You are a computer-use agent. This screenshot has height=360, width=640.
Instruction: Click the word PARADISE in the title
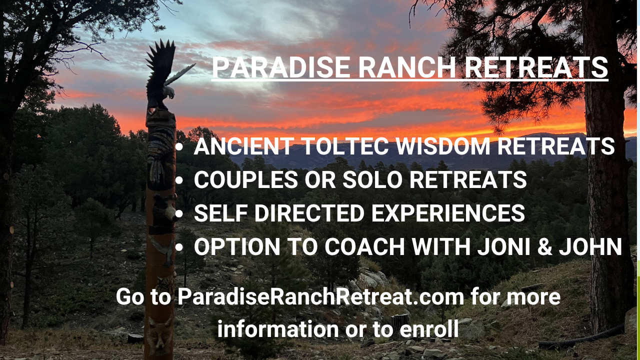click(x=281, y=67)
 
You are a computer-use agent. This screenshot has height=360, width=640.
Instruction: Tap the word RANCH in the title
click(x=407, y=67)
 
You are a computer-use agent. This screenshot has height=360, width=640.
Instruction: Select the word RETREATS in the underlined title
click(x=536, y=67)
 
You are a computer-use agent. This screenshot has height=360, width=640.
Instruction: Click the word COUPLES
click(x=246, y=179)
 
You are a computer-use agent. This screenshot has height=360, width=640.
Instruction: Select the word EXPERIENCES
click(x=448, y=213)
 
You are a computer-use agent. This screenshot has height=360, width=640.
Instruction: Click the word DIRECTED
click(x=309, y=213)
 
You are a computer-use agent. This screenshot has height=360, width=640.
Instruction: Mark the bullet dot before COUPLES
click(x=179, y=180)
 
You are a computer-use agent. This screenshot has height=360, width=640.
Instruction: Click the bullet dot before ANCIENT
click(x=179, y=147)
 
